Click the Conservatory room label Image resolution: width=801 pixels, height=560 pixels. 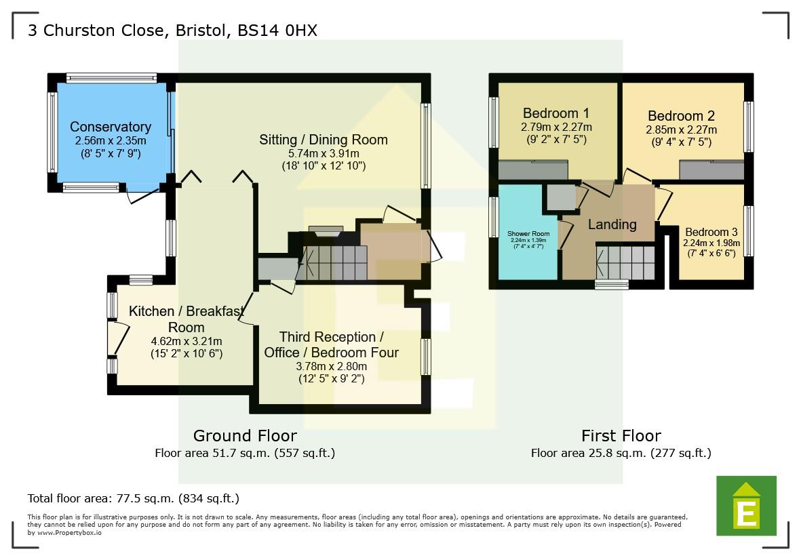(x=110, y=127)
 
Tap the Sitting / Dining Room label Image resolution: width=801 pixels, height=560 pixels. (x=324, y=140)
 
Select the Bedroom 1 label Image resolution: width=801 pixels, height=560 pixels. (x=556, y=113)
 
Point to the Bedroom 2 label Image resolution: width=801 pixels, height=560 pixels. (x=681, y=115)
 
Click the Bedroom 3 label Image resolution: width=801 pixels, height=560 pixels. (x=711, y=232)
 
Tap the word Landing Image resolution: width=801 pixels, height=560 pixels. (x=612, y=224)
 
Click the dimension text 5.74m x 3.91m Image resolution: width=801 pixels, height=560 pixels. (x=324, y=154)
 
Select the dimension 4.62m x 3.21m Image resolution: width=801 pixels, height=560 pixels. (x=186, y=341)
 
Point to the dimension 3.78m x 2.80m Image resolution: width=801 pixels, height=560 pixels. (x=331, y=366)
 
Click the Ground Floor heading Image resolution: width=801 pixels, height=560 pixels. (x=245, y=435)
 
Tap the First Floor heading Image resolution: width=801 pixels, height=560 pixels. (x=621, y=435)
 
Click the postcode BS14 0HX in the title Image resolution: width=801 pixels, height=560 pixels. (x=277, y=31)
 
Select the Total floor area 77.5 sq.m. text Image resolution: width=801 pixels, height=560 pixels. (x=133, y=498)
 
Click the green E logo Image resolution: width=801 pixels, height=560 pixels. (x=746, y=506)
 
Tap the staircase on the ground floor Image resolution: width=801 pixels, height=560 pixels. (x=334, y=263)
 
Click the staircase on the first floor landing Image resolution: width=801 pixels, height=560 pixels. (x=625, y=262)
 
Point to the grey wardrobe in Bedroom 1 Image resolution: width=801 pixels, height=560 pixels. (x=533, y=169)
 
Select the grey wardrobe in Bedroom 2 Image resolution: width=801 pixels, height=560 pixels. (x=711, y=169)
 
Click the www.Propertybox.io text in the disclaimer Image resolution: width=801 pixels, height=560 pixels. (x=70, y=533)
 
